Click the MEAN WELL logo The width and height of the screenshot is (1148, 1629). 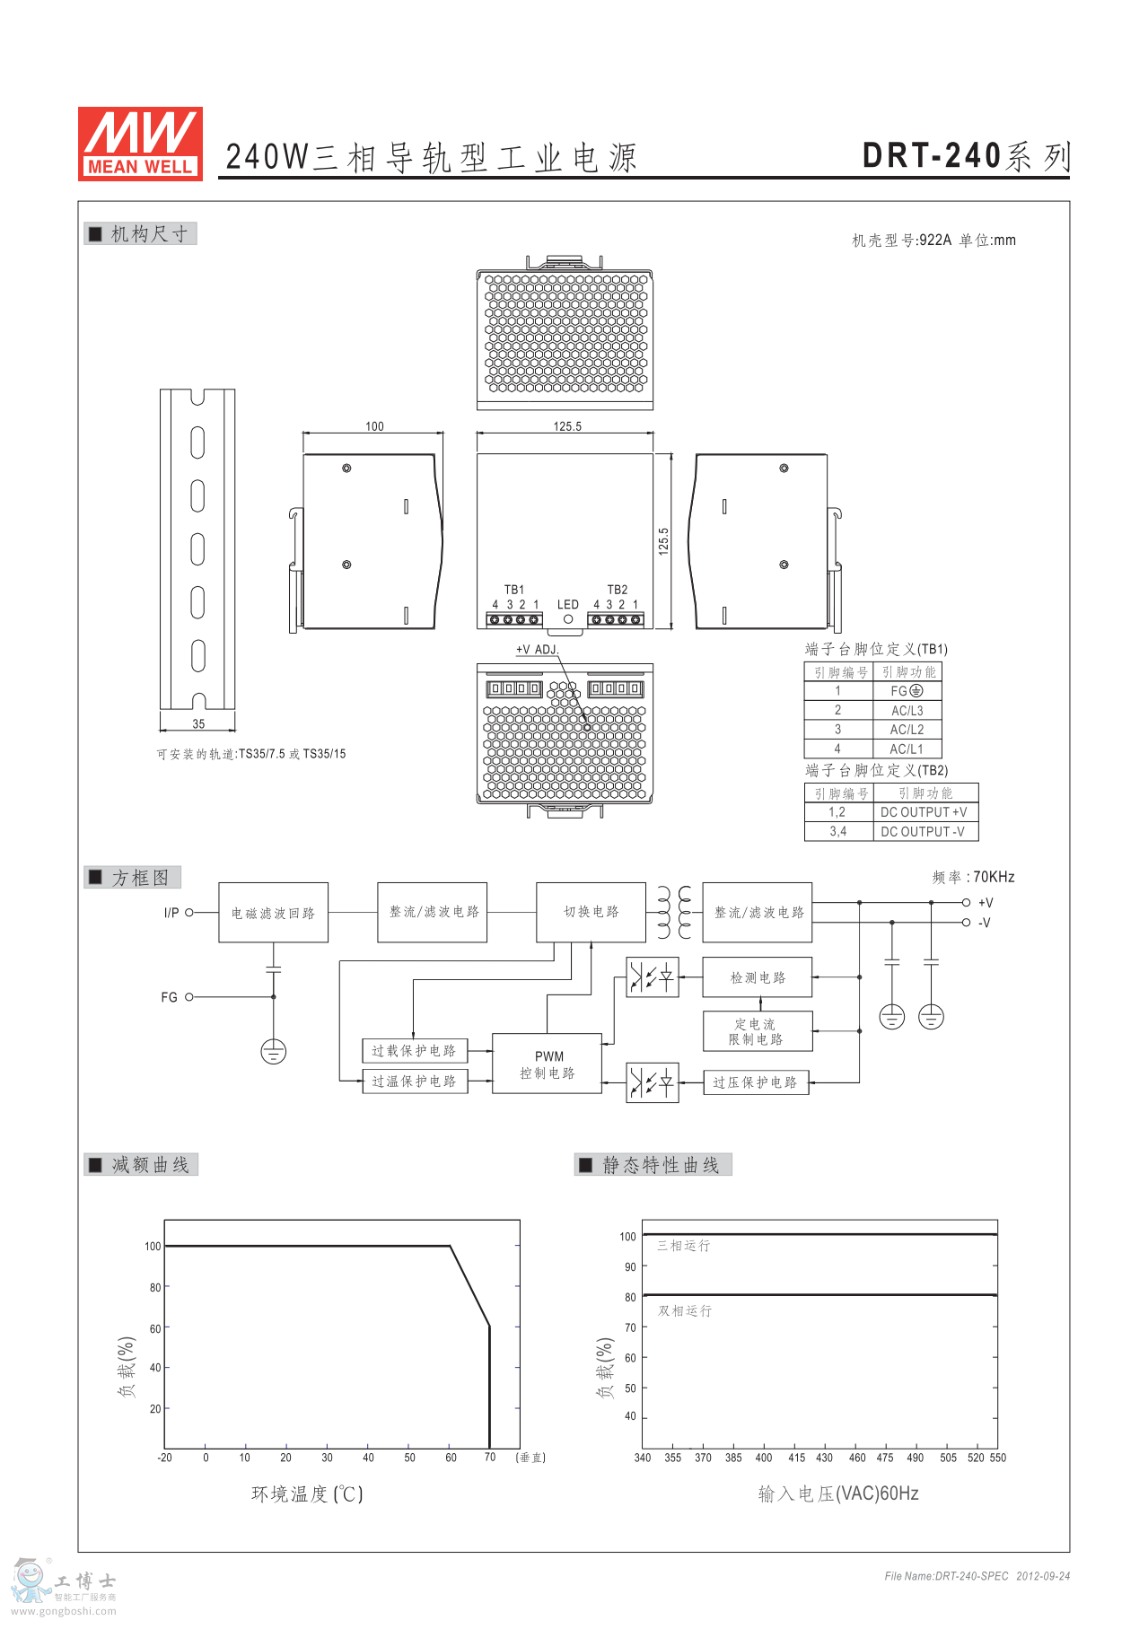click(x=140, y=144)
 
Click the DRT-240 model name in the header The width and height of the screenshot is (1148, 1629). click(x=931, y=156)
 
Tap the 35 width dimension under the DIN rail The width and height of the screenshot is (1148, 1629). click(x=198, y=723)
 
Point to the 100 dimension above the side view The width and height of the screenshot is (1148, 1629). click(x=374, y=426)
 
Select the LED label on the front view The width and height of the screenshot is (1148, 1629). click(x=568, y=604)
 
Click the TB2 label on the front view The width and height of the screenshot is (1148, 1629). click(x=618, y=590)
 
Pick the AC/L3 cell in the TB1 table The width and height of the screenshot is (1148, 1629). click(x=907, y=710)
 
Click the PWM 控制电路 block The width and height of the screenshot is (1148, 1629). click(x=548, y=1064)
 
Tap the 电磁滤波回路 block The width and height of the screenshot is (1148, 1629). click(x=274, y=913)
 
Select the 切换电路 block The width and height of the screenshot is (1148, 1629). click(x=592, y=912)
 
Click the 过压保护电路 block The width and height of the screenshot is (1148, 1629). click(x=756, y=1082)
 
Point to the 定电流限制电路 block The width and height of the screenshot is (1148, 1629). click(x=758, y=1031)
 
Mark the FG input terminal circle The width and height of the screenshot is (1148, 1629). click(x=189, y=997)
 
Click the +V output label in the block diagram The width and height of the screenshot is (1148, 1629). click(x=986, y=903)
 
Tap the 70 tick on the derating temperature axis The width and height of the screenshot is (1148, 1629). click(x=490, y=1457)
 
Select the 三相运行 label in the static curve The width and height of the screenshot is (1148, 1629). click(x=684, y=1246)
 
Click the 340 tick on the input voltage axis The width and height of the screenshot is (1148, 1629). click(x=643, y=1458)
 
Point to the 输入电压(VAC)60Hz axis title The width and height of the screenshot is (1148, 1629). click(x=838, y=1493)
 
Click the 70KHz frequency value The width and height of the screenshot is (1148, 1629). click(x=994, y=877)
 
